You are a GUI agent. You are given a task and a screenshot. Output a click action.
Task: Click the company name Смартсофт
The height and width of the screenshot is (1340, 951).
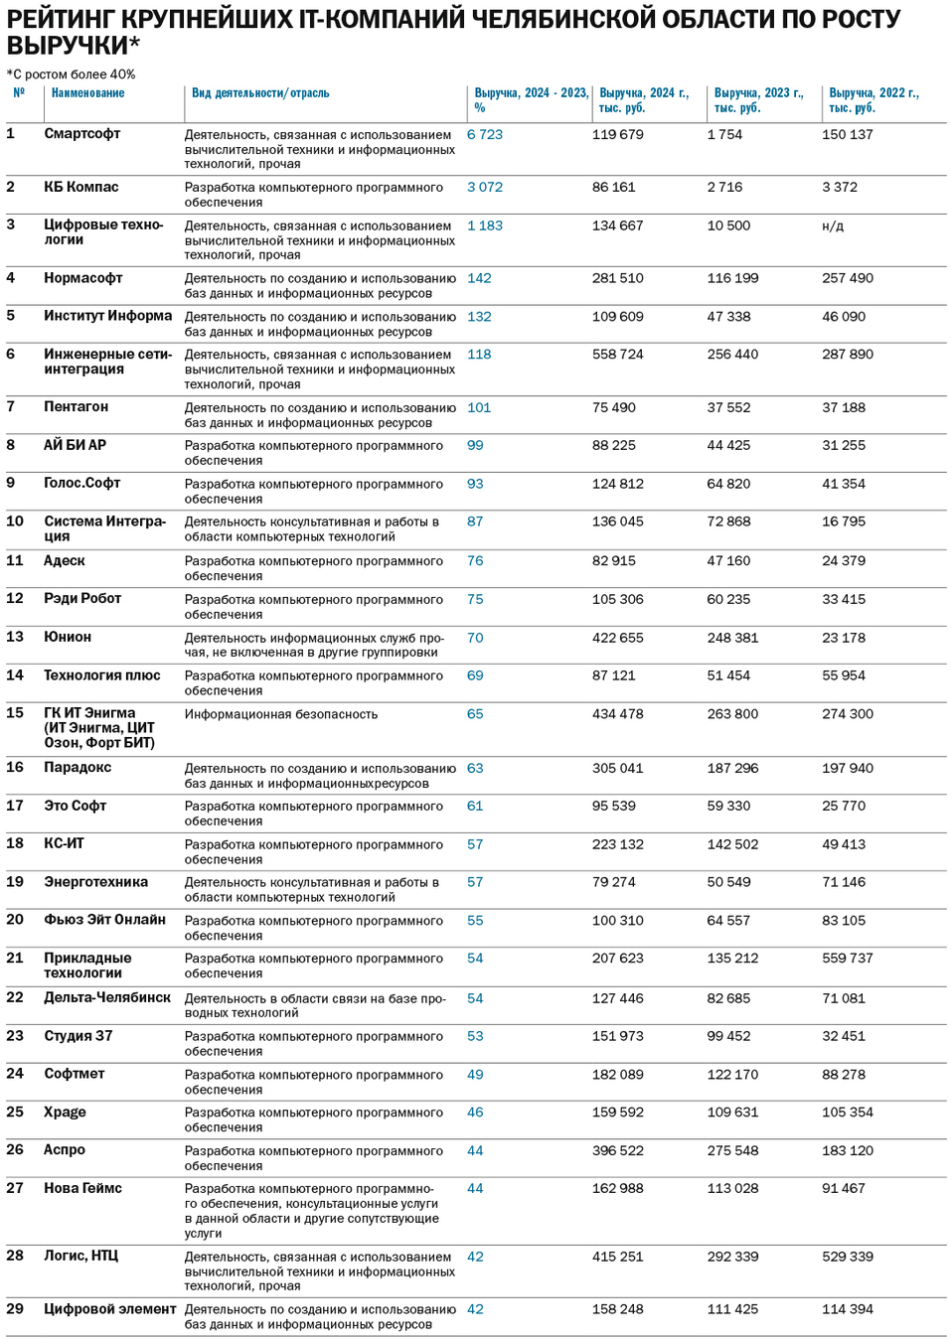click(81, 134)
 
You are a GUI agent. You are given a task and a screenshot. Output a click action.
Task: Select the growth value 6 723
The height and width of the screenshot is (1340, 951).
click(485, 135)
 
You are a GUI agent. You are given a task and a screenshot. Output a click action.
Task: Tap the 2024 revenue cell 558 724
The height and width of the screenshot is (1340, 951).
click(617, 355)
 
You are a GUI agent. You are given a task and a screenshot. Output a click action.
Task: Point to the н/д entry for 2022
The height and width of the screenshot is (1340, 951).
click(833, 226)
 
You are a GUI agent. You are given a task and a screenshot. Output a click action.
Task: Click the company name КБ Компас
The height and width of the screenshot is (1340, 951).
click(80, 188)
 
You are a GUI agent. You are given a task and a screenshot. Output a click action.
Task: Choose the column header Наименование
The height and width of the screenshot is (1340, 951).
click(88, 93)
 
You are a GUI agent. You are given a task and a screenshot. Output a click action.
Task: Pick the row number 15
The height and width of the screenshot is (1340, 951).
click(15, 713)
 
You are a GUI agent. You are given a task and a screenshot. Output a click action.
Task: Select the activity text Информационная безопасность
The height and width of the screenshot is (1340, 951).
click(280, 714)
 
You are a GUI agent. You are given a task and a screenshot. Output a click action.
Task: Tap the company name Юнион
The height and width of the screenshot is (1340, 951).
click(68, 638)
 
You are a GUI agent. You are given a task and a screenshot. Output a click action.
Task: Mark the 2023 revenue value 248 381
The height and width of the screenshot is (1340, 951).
click(732, 638)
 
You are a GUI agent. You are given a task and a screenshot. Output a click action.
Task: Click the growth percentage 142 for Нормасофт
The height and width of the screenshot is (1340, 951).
click(479, 279)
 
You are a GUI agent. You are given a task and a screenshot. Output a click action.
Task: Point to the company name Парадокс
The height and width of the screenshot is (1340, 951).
click(78, 768)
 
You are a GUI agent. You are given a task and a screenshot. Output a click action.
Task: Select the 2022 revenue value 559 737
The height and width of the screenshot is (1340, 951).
click(847, 959)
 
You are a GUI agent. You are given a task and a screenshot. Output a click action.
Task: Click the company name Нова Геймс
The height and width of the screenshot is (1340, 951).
click(82, 1189)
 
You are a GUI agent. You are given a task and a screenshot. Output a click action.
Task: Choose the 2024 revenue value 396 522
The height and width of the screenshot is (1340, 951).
click(617, 1151)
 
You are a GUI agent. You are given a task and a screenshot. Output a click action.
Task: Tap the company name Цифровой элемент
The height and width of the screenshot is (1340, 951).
click(109, 1310)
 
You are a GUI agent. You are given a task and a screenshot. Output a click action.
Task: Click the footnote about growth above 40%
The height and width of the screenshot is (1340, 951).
click(71, 74)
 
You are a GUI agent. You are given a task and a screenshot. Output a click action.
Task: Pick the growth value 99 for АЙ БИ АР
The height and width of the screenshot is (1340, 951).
click(475, 446)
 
